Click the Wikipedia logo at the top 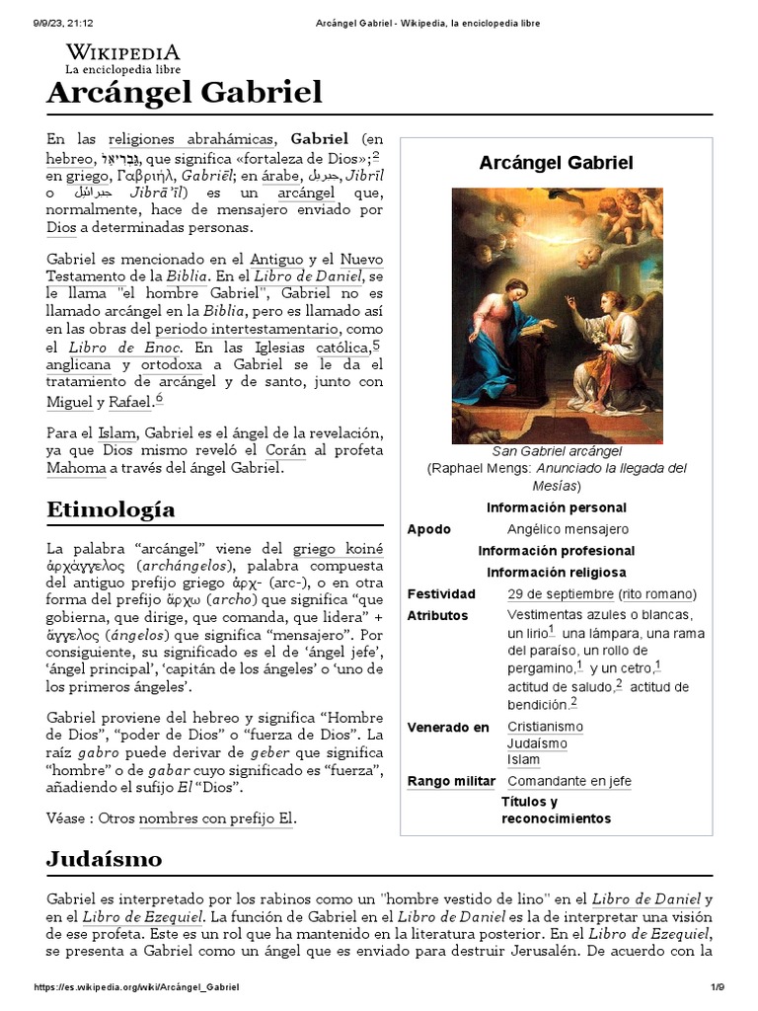click(x=122, y=58)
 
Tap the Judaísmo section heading click(x=104, y=858)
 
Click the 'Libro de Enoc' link click(x=124, y=349)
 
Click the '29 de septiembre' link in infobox click(x=560, y=594)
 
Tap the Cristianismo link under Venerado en click(x=545, y=727)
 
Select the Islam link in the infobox click(x=523, y=759)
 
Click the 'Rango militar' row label click(x=451, y=782)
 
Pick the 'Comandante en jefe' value click(x=568, y=782)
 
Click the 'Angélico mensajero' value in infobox click(x=568, y=529)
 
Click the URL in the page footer click(x=137, y=987)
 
